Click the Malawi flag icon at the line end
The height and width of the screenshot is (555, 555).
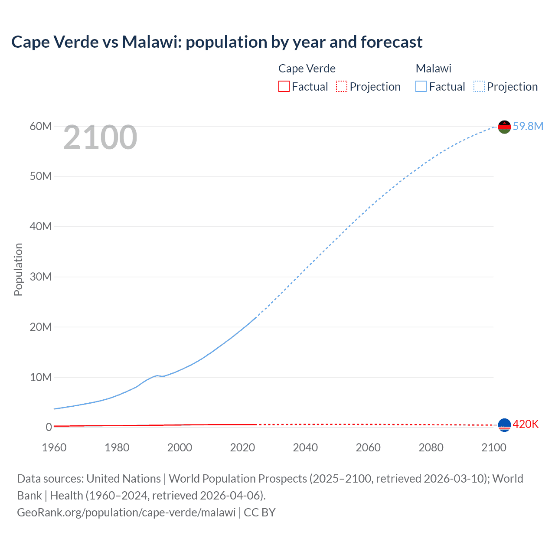504,127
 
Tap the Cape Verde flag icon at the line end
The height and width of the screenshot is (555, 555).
504,425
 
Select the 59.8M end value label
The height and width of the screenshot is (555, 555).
528,126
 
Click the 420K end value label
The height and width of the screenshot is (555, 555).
526,424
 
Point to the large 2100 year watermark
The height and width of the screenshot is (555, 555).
100,137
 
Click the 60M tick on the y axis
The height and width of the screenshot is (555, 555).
41,126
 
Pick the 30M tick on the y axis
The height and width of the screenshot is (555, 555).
41,277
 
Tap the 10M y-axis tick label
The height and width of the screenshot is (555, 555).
41,377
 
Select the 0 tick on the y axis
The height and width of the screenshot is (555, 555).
49,427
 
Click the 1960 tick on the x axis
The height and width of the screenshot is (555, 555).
54,447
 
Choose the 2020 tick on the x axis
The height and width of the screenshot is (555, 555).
242,447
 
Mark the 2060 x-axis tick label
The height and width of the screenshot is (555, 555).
368,447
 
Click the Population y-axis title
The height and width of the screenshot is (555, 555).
18,269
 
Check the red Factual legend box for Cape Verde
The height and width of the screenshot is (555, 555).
284,87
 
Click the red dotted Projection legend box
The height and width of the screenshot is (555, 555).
342,87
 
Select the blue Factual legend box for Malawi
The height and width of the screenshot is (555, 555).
421,87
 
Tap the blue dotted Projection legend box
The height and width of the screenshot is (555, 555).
479,87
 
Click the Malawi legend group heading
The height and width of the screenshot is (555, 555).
434,69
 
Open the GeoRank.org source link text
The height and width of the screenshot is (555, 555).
126,513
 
